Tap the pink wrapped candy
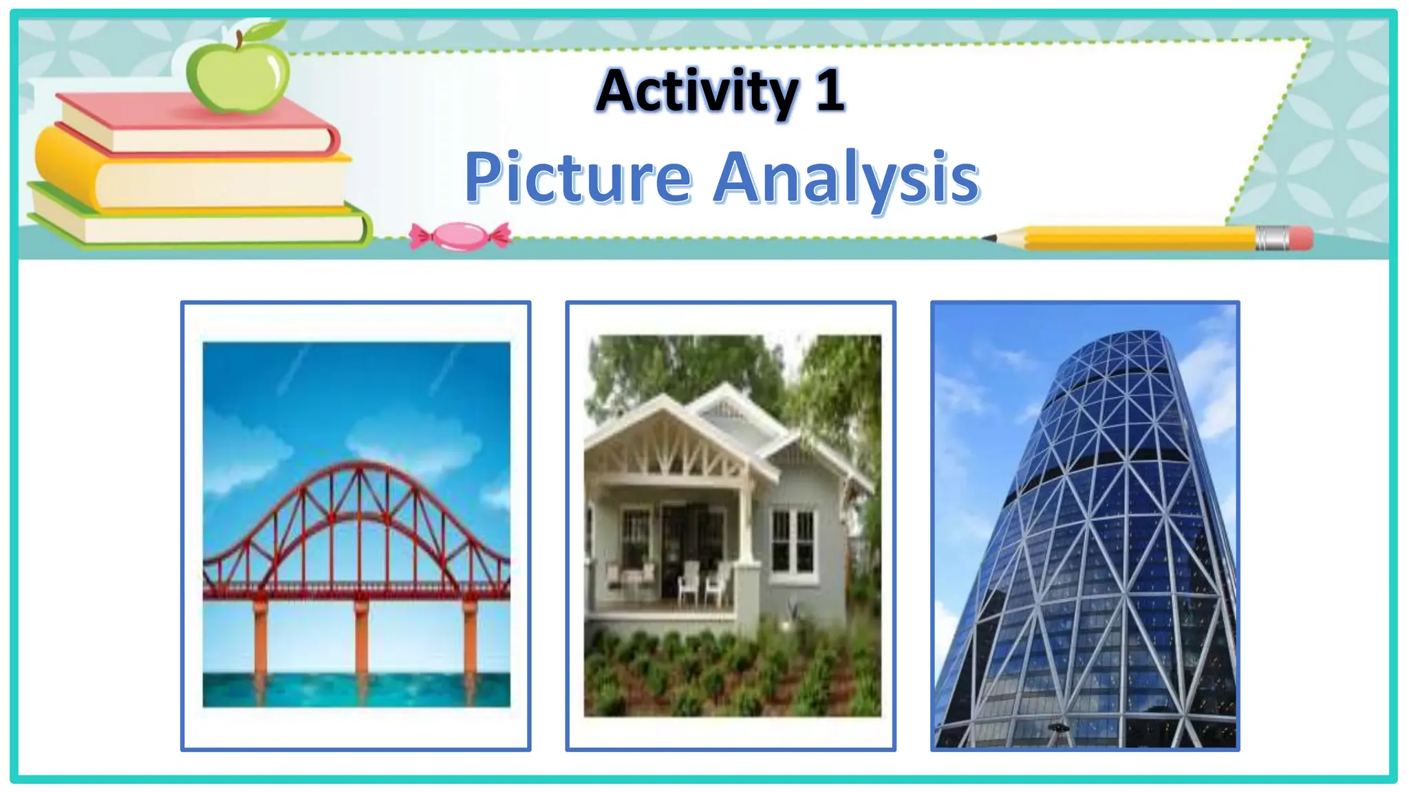[x=460, y=236]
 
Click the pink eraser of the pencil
[x=1300, y=238]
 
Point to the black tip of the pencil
[x=989, y=238]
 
